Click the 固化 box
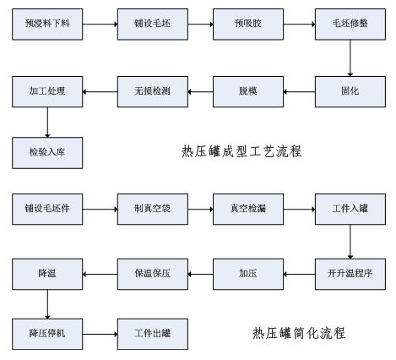pos(350,90)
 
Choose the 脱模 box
pos(248,90)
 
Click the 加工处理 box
pos(47,90)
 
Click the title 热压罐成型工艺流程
pos(241,152)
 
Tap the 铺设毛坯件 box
pos(47,208)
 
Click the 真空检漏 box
pos(248,208)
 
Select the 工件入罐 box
pos(350,208)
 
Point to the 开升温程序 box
pos(350,273)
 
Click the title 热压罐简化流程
pos(298,334)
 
